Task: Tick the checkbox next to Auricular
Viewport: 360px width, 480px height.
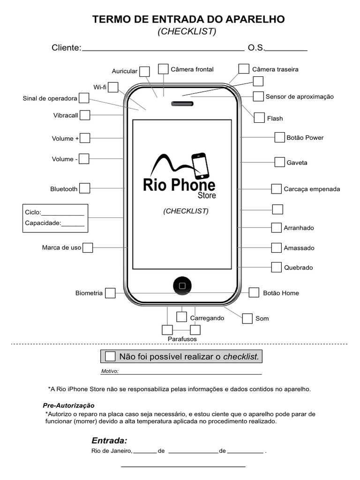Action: (145, 71)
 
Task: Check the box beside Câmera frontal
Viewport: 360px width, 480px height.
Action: (163, 69)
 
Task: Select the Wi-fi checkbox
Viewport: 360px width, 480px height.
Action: (113, 87)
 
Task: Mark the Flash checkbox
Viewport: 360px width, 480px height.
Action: (259, 118)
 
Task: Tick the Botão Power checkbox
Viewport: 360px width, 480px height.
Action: (279, 137)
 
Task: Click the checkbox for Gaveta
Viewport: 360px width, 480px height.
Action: (279, 162)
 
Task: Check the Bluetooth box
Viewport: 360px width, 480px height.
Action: (85, 188)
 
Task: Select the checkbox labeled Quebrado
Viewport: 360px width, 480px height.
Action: (276, 267)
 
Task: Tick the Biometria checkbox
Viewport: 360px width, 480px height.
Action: (110, 293)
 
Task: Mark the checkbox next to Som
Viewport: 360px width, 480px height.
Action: (247, 318)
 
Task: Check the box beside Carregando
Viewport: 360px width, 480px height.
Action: (182, 317)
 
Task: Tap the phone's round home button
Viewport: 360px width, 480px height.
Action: (182, 285)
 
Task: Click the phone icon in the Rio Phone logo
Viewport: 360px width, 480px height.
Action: (200, 165)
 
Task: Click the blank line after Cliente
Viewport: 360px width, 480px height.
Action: (163, 49)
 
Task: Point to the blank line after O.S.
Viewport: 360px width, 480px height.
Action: (286, 49)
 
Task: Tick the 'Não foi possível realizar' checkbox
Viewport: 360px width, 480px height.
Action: (110, 356)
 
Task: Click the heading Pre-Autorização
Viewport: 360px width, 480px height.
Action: (68, 405)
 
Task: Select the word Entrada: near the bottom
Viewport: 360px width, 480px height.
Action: (109, 441)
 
